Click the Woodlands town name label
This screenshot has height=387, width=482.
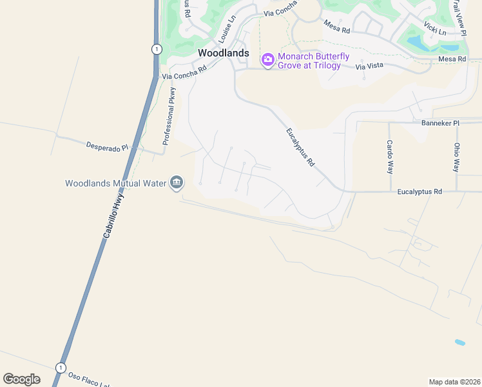223,53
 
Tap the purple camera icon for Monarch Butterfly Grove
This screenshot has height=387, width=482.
268,59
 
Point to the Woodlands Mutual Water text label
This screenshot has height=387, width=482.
116,184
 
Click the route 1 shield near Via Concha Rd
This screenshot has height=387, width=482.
155,49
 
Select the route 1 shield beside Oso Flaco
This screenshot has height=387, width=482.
61,368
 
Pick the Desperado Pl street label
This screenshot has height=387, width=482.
108,146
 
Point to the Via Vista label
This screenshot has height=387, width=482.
369,66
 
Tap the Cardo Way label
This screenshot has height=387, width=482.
389,157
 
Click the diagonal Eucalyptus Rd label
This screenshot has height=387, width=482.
300,148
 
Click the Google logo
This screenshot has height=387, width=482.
21,379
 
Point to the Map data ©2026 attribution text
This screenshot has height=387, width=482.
454,382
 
